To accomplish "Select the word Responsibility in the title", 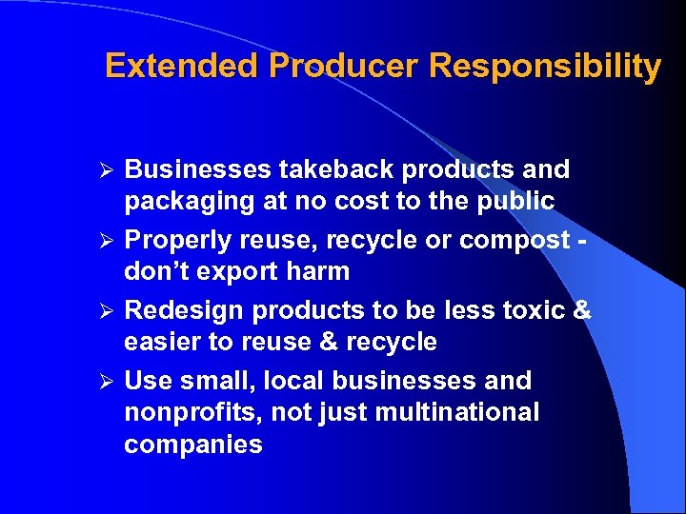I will pos(545,66).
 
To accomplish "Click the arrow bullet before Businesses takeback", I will pos(110,170).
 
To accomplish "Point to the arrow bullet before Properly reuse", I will pos(110,241).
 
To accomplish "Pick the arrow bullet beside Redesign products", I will pos(110,311).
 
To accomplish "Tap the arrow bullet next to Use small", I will pos(110,382).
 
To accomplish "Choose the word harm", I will pos(317,272).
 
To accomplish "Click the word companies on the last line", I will pos(192,445).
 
